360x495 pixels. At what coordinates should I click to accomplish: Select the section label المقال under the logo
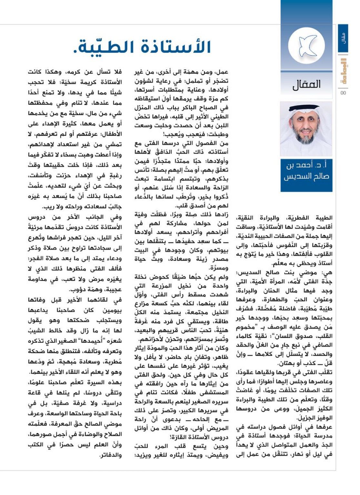(306, 84)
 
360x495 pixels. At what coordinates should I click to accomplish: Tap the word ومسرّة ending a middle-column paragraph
(219, 267)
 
